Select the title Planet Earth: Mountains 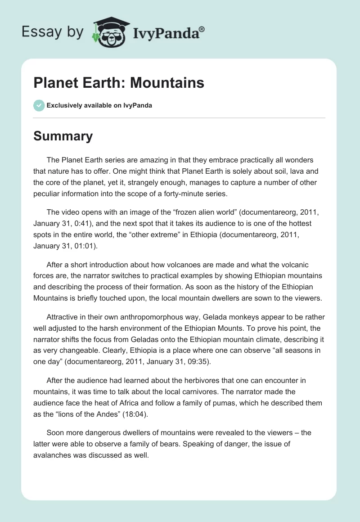pyautogui.click(x=119, y=83)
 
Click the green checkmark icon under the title pyautogui.click(x=39, y=105)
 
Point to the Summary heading pyautogui.click(x=63, y=136)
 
